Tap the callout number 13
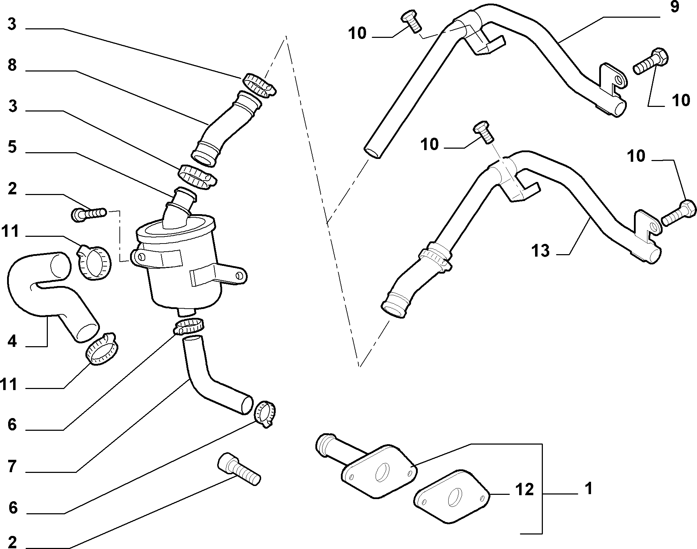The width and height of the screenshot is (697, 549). (x=540, y=251)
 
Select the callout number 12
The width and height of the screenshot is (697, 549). (x=524, y=490)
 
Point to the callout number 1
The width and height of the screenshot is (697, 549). (x=588, y=489)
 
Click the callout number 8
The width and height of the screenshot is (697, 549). (x=12, y=65)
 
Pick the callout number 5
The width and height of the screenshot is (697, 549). (x=12, y=147)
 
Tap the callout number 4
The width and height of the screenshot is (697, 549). (x=12, y=341)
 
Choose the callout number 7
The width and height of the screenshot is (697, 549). (x=12, y=467)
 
